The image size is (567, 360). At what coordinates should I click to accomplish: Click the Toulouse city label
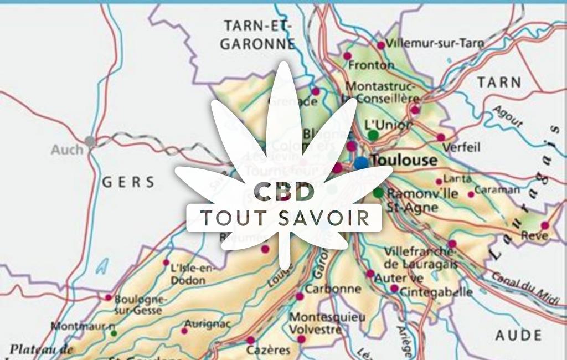(x=404, y=161)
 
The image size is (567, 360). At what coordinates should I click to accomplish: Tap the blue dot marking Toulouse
(x=361, y=163)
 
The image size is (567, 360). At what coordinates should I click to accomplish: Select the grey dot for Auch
(x=90, y=142)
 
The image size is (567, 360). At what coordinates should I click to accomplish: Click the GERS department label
(x=128, y=182)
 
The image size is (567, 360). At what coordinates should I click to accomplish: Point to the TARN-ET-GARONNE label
(x=257, y=34)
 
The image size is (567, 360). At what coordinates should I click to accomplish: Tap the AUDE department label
(x=518, y=335)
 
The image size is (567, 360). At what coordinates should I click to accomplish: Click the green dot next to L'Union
(x=373, y=135)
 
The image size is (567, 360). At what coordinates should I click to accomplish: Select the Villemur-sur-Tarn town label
(x=435, y=43)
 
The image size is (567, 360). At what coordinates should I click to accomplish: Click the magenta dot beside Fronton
(x=347, y=56)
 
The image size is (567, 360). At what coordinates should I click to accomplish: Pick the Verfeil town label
(x=461, y=148)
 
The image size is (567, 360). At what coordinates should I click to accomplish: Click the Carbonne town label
(x=333, y=289)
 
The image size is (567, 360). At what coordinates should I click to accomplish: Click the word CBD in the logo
(x=284, y=192)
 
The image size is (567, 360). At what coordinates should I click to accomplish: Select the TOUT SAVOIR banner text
(x=285, y=218)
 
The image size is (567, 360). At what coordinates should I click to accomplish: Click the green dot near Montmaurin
(x=114, y=333)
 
